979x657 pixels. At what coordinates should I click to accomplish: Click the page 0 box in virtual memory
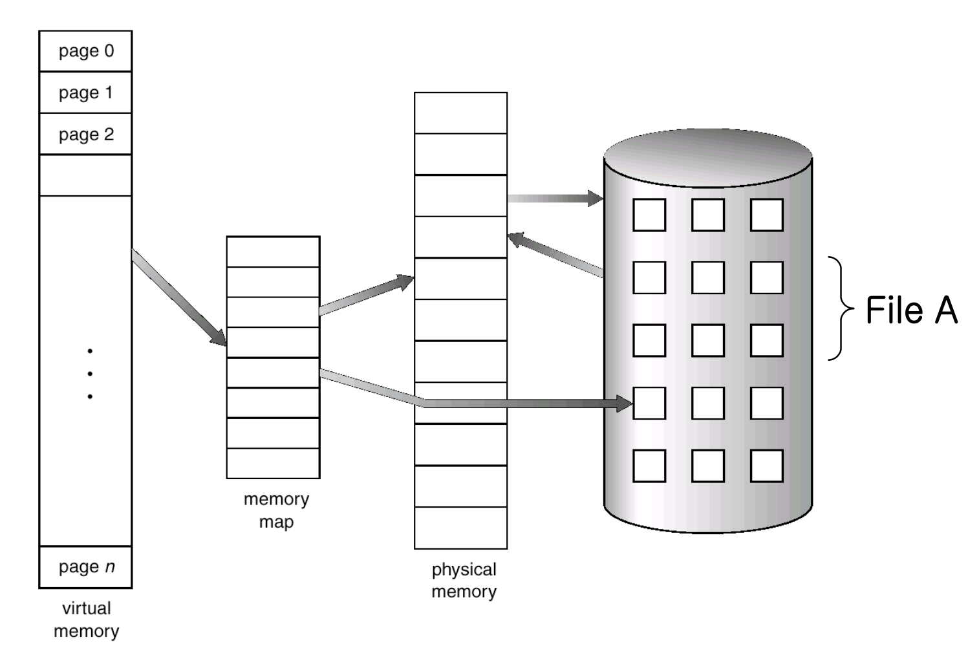tap(85, 51)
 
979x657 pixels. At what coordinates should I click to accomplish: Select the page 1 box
tap(85, 92)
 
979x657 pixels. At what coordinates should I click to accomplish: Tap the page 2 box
tap(85, 134)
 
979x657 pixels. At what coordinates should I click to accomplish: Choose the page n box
tap(85, 567)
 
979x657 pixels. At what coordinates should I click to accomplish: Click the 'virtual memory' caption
tap(85, 619)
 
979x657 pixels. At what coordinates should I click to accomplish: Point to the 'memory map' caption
tap(276, 510)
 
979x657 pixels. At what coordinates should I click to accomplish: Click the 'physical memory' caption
tap(464, 580)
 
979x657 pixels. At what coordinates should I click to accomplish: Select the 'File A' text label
tap(911, 310)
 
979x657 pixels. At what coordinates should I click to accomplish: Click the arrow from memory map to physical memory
tap(366, 296)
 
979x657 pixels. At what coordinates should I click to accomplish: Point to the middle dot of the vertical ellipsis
tap(90, 374)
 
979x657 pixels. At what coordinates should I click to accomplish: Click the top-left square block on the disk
tap(649, 215)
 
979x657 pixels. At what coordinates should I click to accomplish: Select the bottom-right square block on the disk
tap(766, 466)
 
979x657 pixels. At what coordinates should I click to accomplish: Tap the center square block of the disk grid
tap(707, 340)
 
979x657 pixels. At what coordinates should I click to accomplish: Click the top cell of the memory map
tap(273, 252)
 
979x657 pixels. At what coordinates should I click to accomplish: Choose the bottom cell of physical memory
tap(460, 528)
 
